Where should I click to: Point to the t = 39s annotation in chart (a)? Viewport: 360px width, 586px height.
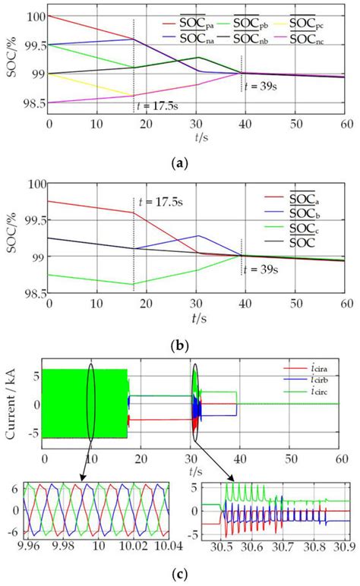(269, 86)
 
